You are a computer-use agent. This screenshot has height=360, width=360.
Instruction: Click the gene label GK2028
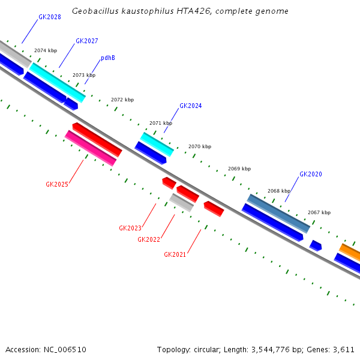49,17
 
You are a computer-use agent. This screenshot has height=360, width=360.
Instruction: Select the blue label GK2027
86,41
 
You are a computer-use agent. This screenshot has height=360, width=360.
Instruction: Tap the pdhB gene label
107,58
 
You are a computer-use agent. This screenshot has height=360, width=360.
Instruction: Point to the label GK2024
190,106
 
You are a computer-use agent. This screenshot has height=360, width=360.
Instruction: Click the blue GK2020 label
310,175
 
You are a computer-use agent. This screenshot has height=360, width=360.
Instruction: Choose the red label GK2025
57,185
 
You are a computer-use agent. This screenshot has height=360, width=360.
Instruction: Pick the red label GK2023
130,228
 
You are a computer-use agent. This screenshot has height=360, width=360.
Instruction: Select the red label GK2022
149,240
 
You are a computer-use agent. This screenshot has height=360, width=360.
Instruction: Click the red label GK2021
175,254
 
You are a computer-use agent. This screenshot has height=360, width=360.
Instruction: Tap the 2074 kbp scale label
46,51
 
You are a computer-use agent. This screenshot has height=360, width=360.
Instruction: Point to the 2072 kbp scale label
122,100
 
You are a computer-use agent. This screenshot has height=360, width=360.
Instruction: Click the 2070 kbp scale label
200,146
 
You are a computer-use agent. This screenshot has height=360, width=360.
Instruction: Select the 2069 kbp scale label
239,169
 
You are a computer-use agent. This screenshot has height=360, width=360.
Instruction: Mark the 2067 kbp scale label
319,212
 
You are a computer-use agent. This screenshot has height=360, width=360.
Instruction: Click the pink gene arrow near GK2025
91,148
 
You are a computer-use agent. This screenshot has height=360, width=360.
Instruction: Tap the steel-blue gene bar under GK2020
278,213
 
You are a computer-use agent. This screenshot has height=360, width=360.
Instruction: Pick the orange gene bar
350,252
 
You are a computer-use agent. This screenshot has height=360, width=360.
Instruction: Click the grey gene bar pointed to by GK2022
181,202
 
